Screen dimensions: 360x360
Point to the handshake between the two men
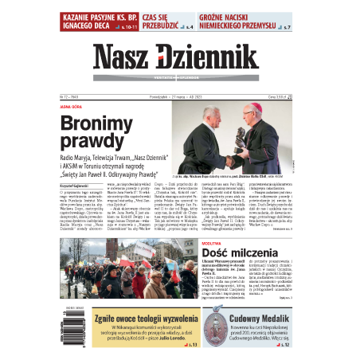(239, 139)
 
